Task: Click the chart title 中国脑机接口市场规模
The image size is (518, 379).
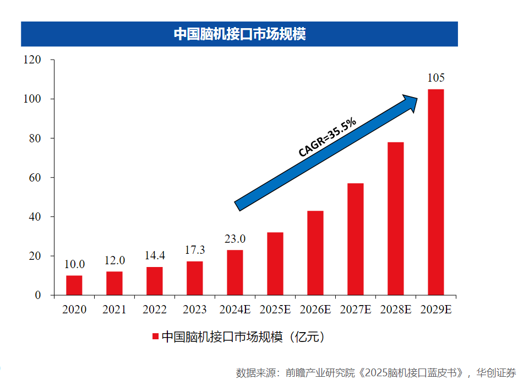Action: (239, 34)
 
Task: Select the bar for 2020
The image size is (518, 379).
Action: (74, 285)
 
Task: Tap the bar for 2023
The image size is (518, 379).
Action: (195, 278)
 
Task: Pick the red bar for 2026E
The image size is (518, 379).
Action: (315, 253)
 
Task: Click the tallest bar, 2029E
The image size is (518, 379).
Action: (435, 192)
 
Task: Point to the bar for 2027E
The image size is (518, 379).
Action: (355, 239)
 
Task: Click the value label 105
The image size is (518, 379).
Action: (436, 78)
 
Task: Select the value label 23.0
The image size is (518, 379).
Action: (235, 239)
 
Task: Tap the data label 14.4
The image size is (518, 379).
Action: (155, 256)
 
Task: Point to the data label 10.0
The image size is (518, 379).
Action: (74, 265)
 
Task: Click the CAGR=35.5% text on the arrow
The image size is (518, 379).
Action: (327, 137)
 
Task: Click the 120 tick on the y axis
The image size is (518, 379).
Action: (32, 60)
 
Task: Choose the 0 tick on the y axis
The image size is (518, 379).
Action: (38, 296)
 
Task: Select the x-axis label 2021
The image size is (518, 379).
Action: (114, 310)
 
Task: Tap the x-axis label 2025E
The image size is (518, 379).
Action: (275, 310)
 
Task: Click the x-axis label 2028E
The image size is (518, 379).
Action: (395, 310)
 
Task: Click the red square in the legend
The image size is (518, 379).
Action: (155, 337)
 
